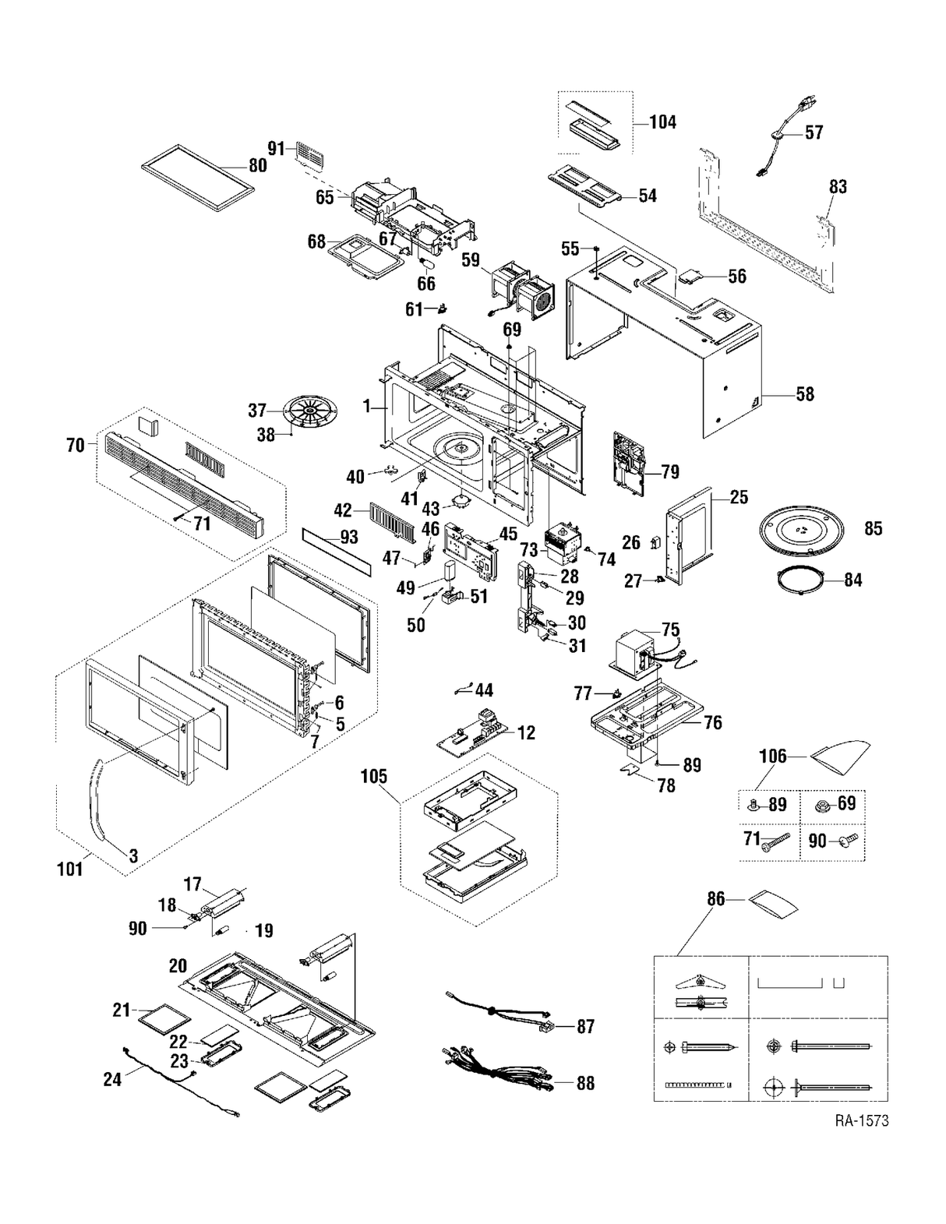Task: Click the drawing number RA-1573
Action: [x=861, y=1120]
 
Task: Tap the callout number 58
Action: [x=804, y=394]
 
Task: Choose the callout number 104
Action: [x=662, y=122]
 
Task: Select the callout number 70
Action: [x=76, y=446]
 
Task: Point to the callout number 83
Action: [x=838, y=187]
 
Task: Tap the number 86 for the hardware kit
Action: [x=715, y=899]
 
